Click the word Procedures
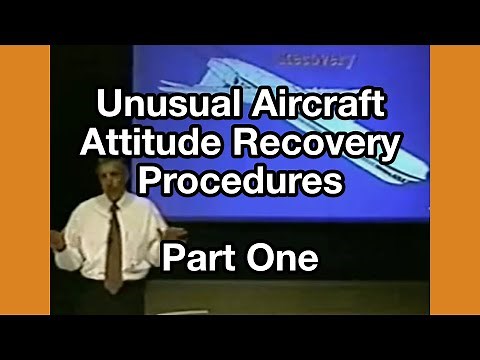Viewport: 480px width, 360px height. [x=240, y=183]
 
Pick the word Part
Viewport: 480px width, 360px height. [x=200, y=260]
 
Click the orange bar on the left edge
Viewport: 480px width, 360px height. [x=25, y=180]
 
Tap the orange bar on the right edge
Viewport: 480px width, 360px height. [x=455, y=180]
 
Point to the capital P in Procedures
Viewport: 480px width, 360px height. [x=146, y=183]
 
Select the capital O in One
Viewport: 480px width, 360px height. [x=259, y=260]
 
